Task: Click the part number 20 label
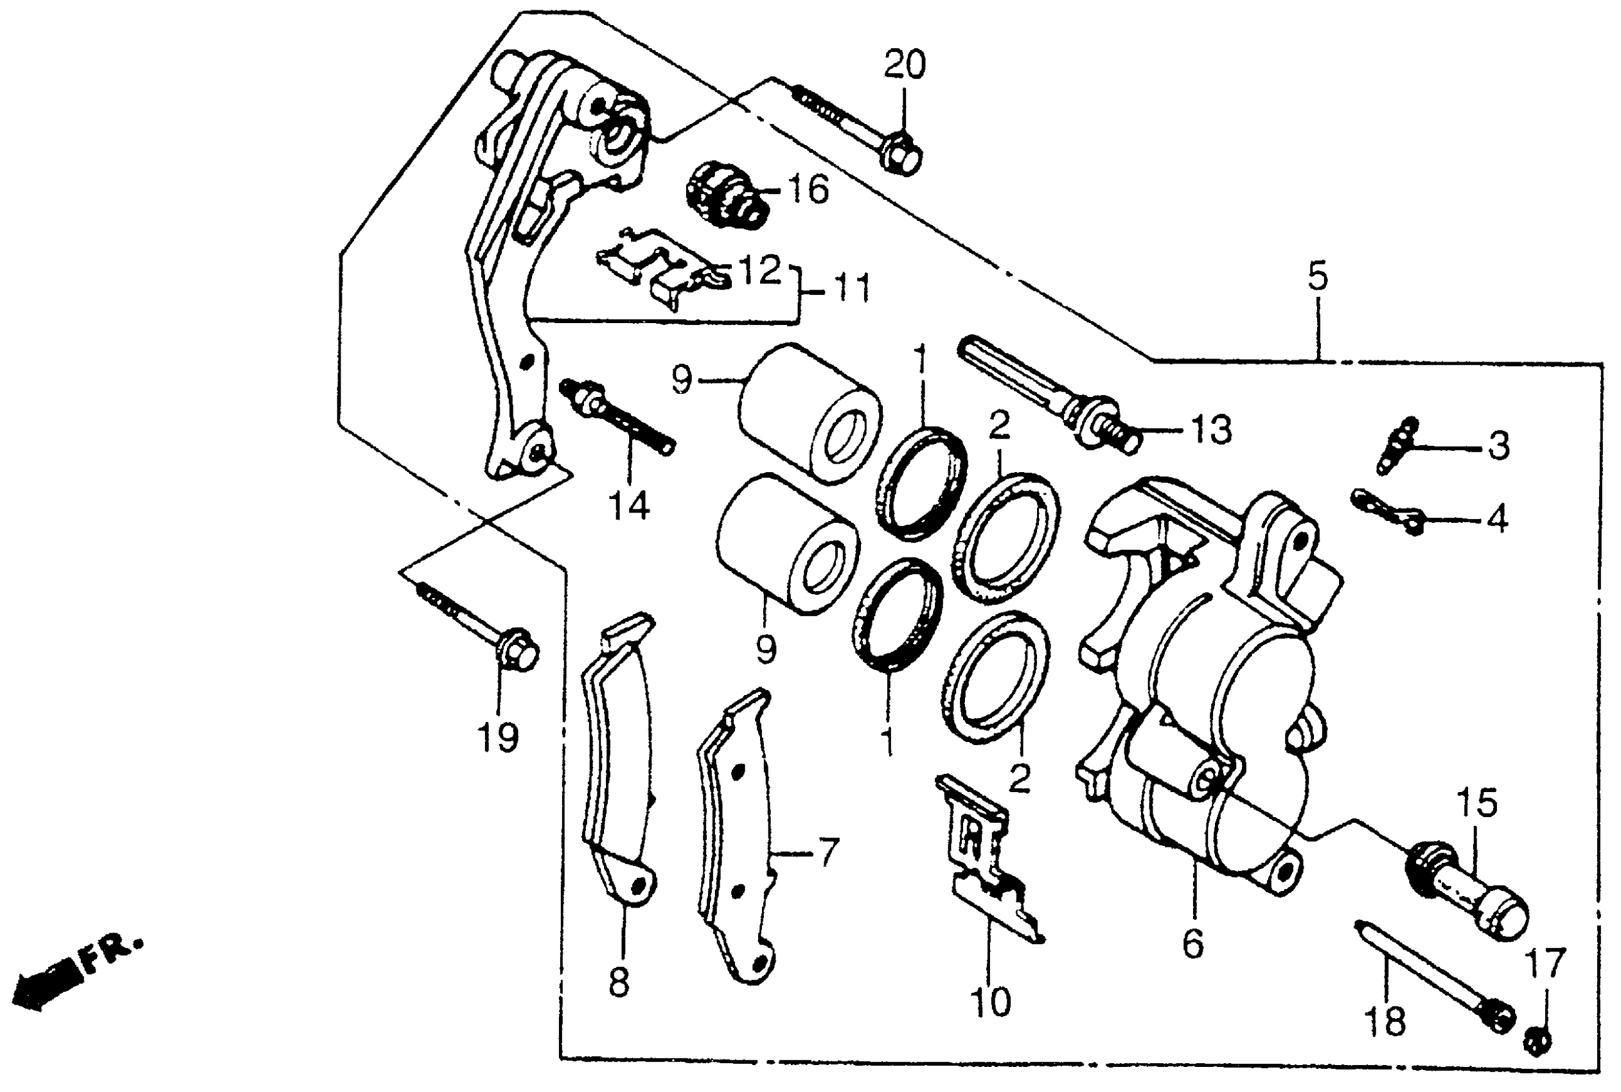[904, 65]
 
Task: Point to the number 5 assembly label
[1317, 276]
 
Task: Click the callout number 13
[1210, 430]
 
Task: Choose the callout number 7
[827, 852]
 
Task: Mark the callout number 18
[1385, 1021]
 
